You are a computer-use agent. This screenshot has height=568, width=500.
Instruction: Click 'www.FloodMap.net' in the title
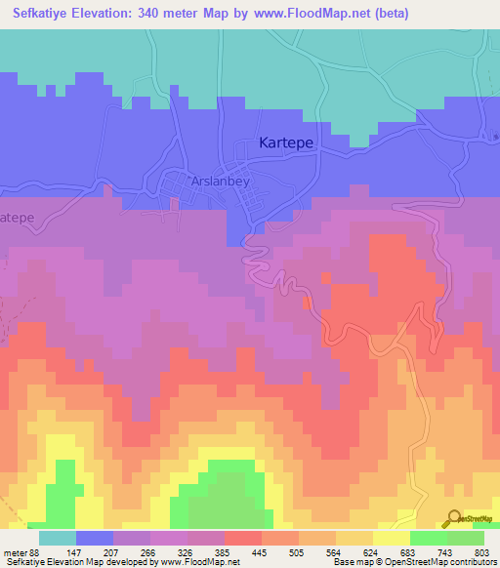pyautogui.click(x=312, y=14)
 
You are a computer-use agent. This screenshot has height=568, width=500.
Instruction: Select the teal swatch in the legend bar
pyautogui.click(x=58, y=538)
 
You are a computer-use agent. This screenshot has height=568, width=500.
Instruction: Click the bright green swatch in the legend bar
pyautogui.click(x=428, y=538)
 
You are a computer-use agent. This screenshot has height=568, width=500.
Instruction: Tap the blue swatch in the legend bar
pyautogui.click(x=95, y=538)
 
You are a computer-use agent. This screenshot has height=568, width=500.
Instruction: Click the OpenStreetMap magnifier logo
pyautogui.click(x=452, y=517)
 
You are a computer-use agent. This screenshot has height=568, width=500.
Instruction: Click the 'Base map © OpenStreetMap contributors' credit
pyautogui.click(x=414, y=561)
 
